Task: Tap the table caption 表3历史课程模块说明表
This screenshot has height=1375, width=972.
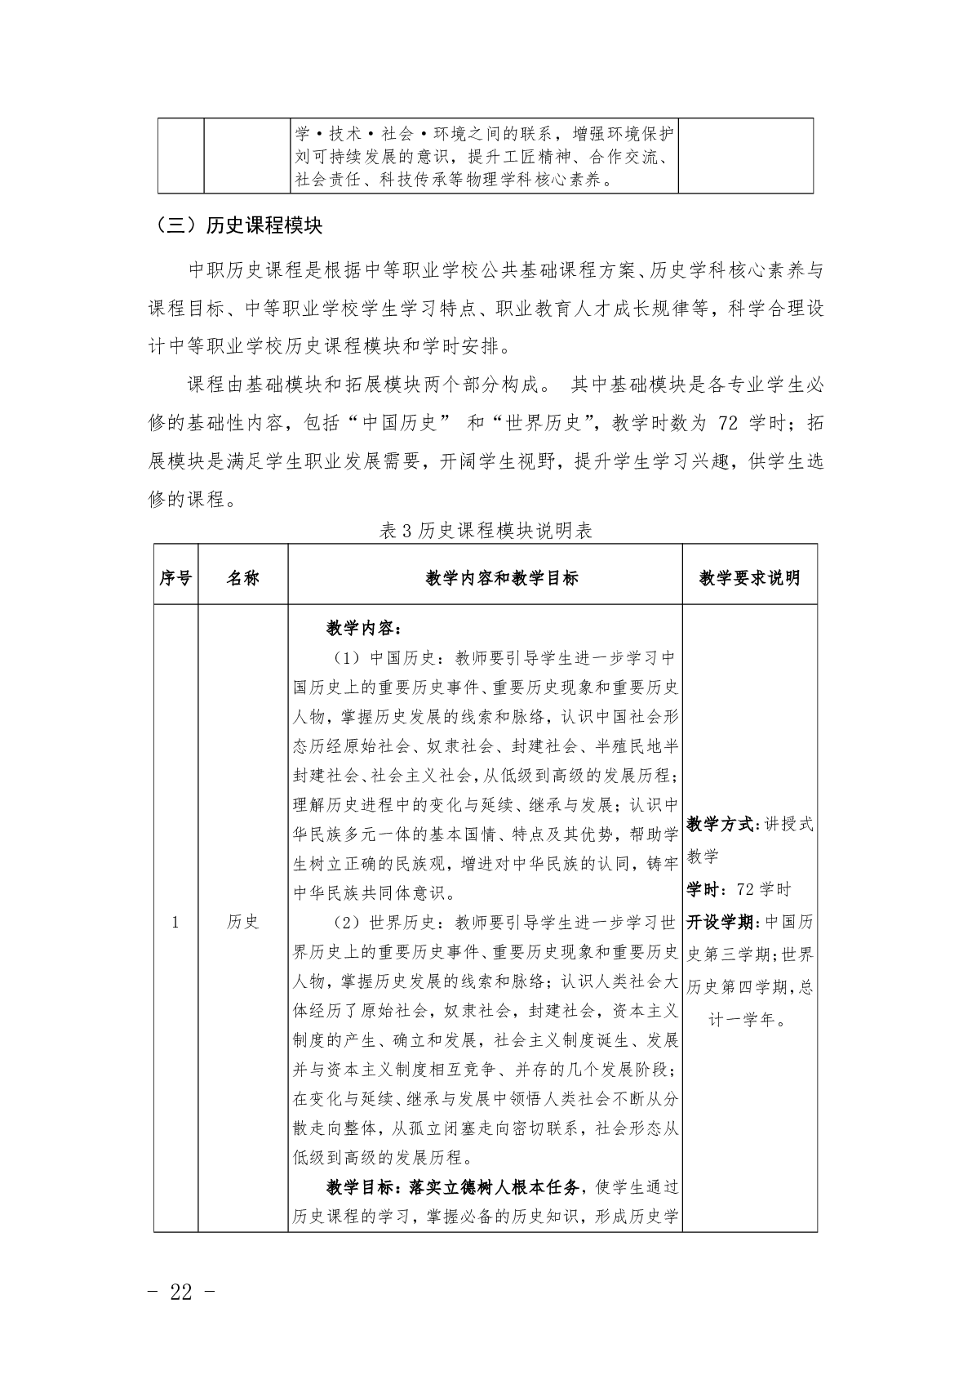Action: [x=486, y=531]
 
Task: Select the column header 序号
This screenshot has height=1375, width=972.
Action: [x=175, y=578]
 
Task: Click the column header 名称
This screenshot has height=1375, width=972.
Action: [x=242, y=578]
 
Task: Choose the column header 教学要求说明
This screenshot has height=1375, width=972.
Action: [x=749, y=578]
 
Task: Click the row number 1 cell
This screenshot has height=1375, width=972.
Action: [x=175, y=922]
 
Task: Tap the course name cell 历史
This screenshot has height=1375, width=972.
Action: [x=242, y=922]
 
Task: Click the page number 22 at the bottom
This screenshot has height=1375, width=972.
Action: [x=181, y=1292]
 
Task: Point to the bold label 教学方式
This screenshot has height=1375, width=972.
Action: [x=721, y=824]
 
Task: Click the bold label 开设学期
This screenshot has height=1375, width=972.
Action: [x=721, y=922]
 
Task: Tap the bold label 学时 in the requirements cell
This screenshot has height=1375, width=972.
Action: [x=703, y=889]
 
